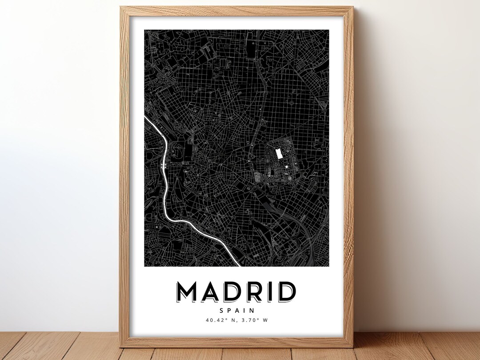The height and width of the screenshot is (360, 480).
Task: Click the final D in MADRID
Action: [x=287, y=292]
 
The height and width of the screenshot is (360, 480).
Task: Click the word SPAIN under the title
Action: [x=236, y=311]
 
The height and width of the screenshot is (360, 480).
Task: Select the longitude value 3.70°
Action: [x=251, y=320]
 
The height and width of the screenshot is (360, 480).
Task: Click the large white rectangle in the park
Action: [x=280, y=154]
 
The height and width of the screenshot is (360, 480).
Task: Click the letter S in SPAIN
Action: [x=221, y=311]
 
